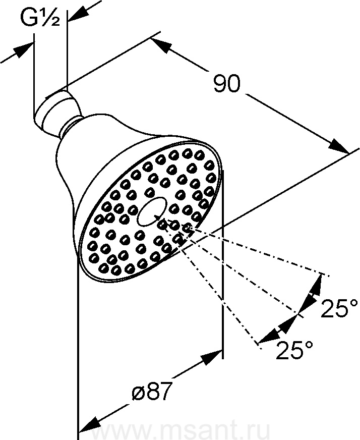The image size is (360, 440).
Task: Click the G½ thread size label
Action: click(x=40, y=18)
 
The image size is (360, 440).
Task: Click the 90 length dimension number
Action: click(x=227, y=84)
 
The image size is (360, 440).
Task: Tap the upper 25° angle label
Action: click(x=339, y=309)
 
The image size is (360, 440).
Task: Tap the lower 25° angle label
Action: click(x=294, y=350)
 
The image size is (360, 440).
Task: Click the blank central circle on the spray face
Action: click(x=152, y=212)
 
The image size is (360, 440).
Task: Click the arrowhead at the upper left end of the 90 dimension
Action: click(x=161, y=45)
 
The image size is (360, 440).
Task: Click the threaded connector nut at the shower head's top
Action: click(x=57, y=111)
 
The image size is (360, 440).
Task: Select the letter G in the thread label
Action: click(x=29, y=18)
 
